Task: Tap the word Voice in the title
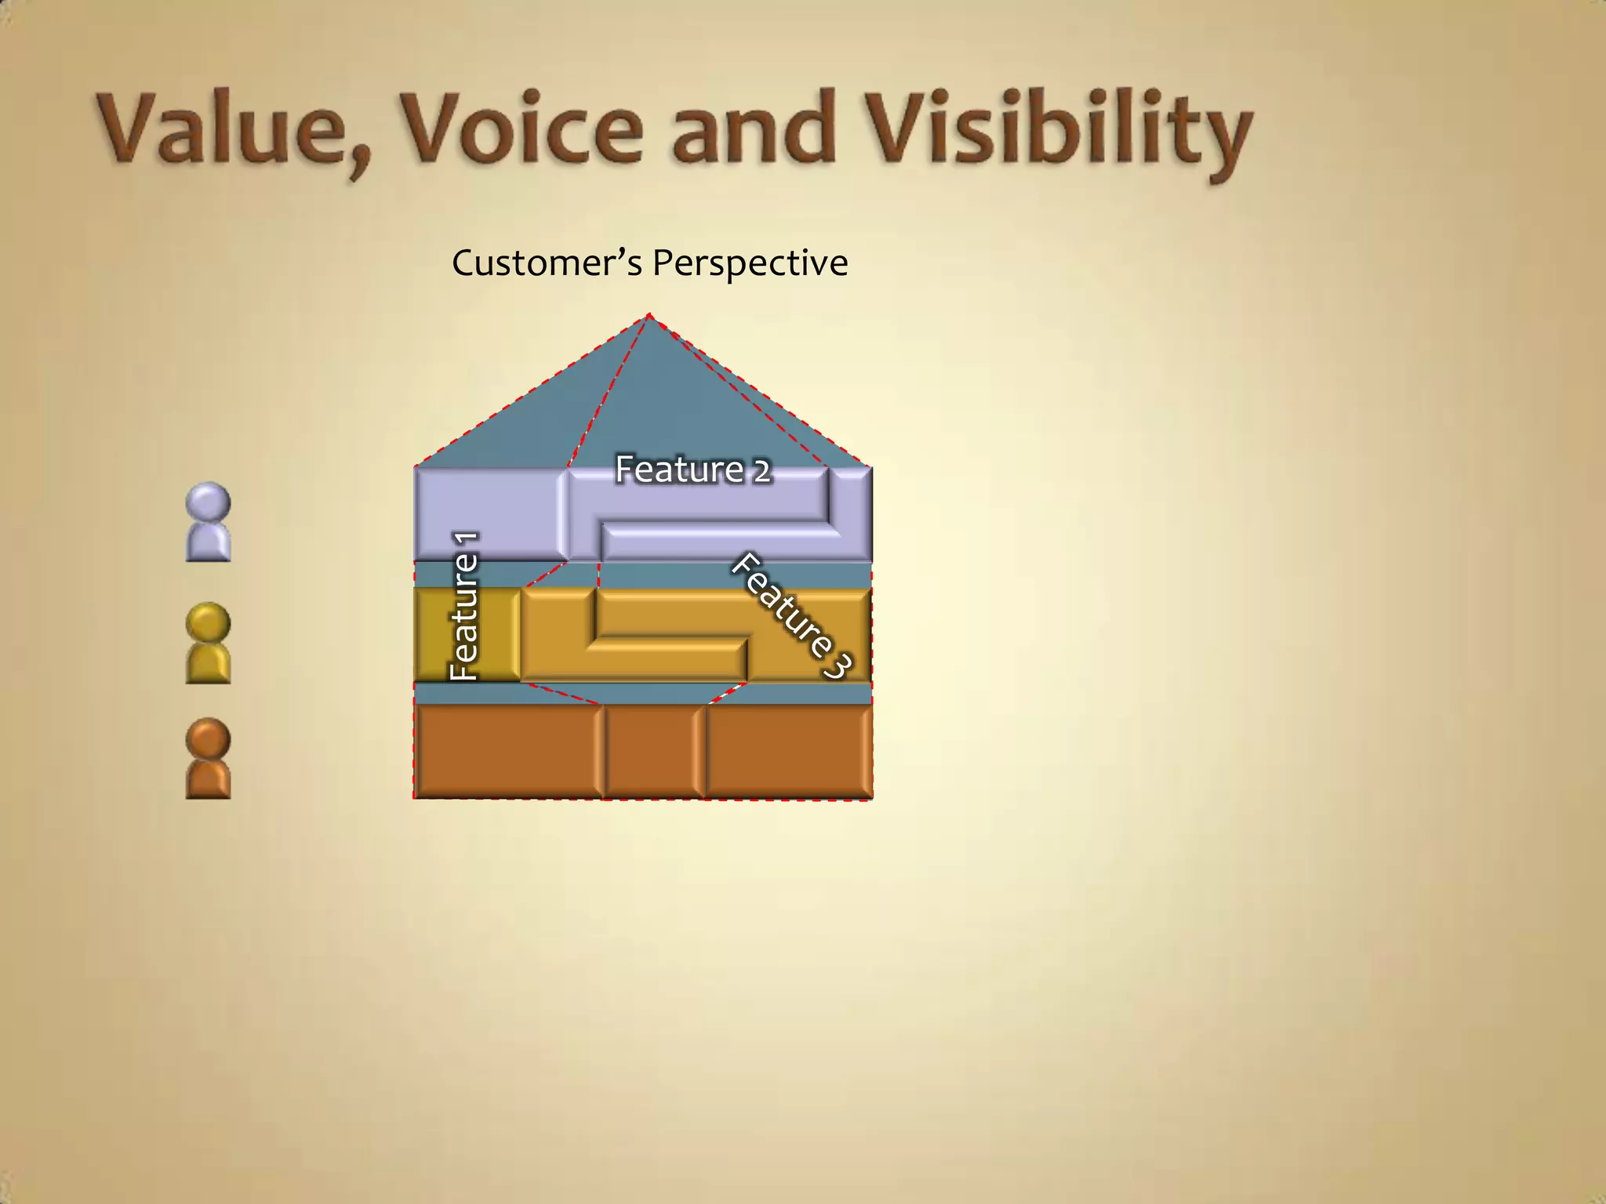(x=521, y=129)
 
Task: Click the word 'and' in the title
(x=753, y=129)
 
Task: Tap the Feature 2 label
(x=693, y=470)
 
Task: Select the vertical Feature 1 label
(x=464, y=605)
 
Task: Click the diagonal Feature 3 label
(x=792, y=616)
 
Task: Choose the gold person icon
(x=209, y=644)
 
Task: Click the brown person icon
(x=209, y=759)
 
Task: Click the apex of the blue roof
(x=649, y=318)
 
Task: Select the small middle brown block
(x=652, y=751)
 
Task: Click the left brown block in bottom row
(x=508, y=751)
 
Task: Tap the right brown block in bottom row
(x=789, y=751)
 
